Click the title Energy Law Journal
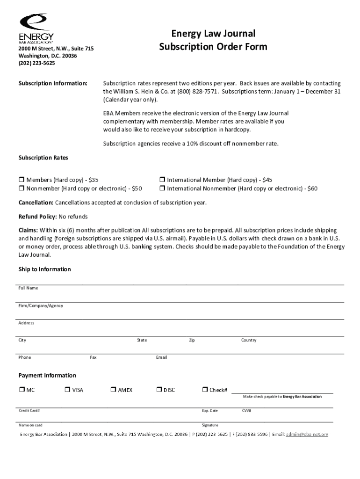coord(213,34)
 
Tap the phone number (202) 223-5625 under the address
coord(36,63)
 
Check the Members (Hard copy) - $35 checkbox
coord(22,180)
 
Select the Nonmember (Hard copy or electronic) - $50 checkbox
coord(22,189)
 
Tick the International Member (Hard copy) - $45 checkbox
coord(162,180)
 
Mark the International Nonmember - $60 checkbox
coord(162,189)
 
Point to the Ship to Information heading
coord(44,269)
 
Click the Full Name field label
coord(28,288)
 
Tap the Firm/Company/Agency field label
coord(41,305)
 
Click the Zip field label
coord(192,340)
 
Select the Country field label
coord(248,340)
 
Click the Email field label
coord(161,357)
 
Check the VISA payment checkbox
coord(67,390)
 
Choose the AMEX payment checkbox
coord(114,390)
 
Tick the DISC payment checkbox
coord(159,390)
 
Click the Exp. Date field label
coord(210,411)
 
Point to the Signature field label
coord(210,425)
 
